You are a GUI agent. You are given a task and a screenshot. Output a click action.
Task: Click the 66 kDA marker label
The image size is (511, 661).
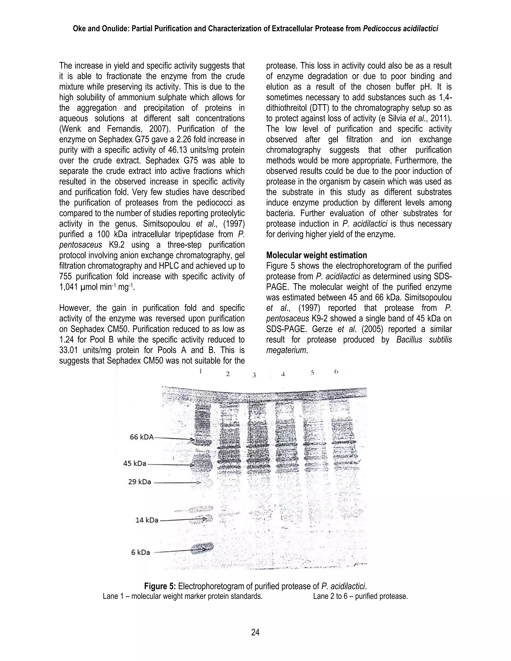click(142, 437)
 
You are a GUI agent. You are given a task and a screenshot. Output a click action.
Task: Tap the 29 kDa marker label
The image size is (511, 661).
click(139, 481)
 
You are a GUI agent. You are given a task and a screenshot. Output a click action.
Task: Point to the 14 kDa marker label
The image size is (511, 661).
click(147, 520)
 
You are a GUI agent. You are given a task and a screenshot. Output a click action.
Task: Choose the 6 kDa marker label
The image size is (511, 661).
click(140, 552)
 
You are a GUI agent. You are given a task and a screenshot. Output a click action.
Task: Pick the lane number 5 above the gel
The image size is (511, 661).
click(312, 373)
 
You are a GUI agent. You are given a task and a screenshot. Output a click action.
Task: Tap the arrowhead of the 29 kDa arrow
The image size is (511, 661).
click(199, 482)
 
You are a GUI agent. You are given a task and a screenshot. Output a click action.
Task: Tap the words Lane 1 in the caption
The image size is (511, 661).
click(113, 596)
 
